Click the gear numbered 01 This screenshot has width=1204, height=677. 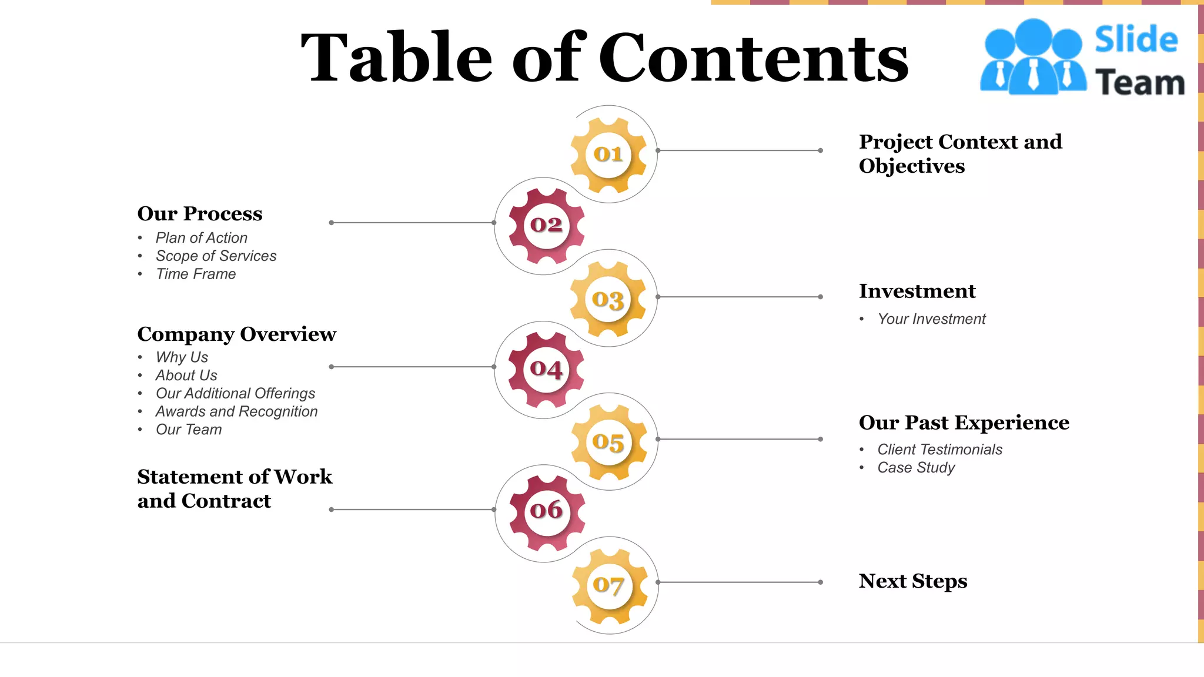pyautogui.click(x=608, y=155)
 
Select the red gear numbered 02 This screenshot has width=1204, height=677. pyautogui.click(x=546, y=225)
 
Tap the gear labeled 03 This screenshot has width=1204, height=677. pyautogui.click(x=608, y=299)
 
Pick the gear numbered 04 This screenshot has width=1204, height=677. pyautogui.click(x=546, y=369)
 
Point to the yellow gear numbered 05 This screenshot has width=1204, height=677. pyautogui.click(x=608, y=442)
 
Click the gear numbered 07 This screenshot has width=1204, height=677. pyautogui.click(x=609, y=585)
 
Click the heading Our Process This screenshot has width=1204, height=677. pyautogui.click(x=200, y=214)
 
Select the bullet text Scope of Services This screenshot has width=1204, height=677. pyautogui.click(x=216, y=256)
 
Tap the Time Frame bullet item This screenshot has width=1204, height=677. pyautogui.click(x=196, y=274)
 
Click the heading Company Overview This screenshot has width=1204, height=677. pyautogui.click(x=236, y=334)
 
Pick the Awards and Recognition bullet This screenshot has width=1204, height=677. pyautogui.click(x=236, y=412)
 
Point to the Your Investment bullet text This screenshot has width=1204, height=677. pyautogui.click(x=931, y=319)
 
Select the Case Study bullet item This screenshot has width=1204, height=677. pyautogui.click(x=916, y=468)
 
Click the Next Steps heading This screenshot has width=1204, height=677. pyautogui.click(x=912, y=581)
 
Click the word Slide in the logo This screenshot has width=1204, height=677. pyautogui.click(x=1136, y=40)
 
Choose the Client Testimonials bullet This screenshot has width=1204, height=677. pyautogui.click(x=939, y=450)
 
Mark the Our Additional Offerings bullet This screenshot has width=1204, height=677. pyautogui.click(x=235, y=394)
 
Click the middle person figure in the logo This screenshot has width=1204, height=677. pyautogui.click(x=1033, y=56)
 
